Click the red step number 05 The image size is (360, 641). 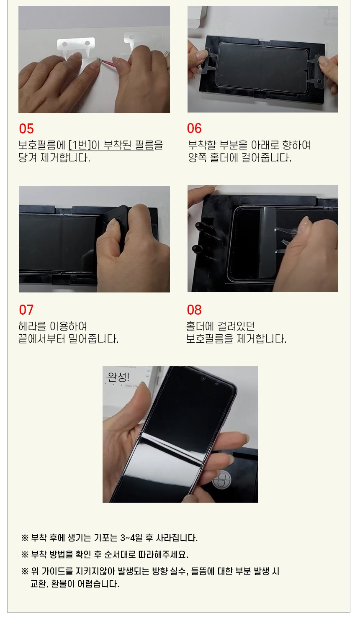pyautogui.click(x=26, y=128)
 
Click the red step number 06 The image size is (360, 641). pyautogui.click(x=194, y=128)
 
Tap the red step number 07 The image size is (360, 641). pyautogui.click(x=26, y=310)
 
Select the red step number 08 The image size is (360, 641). pyautogui.click(x=194, y=310)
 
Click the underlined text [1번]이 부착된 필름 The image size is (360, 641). pyautogui.click(x=111, y=145)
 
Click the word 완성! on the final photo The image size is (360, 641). pyautogui.click(x=118, y=377)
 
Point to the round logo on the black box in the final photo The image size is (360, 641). pyautogui.click(x=221, y=481)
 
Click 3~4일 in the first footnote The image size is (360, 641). pyautogui.click(x=131, y=538)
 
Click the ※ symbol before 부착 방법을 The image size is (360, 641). pyautogui.click(x=25, y=555)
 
